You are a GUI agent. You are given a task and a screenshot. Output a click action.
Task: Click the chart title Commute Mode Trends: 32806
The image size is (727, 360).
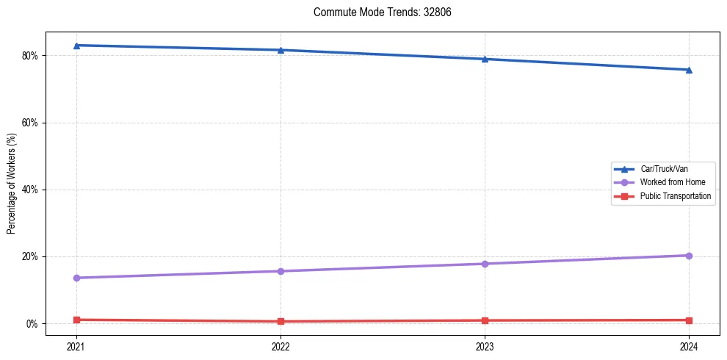377,12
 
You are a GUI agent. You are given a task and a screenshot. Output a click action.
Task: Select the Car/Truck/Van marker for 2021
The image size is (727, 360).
76,46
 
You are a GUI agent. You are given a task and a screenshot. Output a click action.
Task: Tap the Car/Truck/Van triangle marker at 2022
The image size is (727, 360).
281,50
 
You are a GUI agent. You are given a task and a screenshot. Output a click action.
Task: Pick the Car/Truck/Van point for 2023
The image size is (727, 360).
485,59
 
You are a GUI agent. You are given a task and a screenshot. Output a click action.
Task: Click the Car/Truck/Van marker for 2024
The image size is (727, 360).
689,70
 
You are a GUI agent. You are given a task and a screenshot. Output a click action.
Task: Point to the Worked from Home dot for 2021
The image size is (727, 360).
76,278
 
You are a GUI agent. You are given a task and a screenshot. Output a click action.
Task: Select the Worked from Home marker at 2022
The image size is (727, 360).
281,271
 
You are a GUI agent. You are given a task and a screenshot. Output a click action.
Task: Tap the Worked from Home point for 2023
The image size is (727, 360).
485,264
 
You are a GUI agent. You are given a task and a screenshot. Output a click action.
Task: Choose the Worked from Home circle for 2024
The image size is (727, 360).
689,256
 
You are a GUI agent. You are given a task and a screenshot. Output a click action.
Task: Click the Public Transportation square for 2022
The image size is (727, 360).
281,321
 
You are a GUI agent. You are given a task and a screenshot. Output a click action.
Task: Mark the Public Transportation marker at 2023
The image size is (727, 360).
485,320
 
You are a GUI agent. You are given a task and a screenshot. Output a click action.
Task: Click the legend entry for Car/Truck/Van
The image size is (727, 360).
664,169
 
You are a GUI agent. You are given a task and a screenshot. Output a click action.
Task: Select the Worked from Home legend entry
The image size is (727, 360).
672,182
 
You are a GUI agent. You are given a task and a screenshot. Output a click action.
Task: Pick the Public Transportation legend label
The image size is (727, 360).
675,196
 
